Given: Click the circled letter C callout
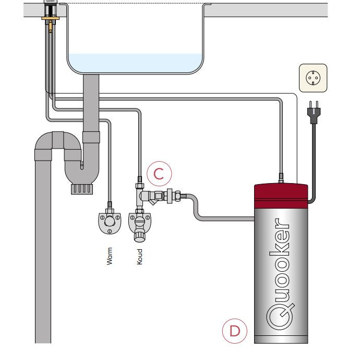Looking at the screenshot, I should pos(159,174).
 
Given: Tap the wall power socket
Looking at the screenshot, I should pos(313,78).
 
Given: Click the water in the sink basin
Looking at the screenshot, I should pos(136,63).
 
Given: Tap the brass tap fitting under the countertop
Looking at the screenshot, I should pos(51,21).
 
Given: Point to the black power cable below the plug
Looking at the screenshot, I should pos(314,156).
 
